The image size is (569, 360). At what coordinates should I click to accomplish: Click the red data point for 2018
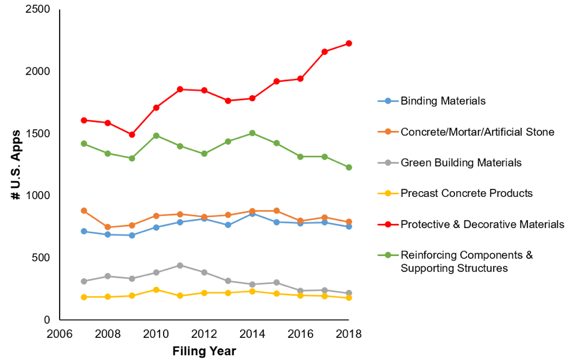coord(349,43)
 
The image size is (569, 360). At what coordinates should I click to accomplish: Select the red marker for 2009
coord(132,134)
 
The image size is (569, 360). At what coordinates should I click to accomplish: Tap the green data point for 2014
coord(252,133)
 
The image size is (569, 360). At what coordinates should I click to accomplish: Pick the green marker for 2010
coord(156,136)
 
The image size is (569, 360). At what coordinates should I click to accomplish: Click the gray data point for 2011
coord(180,265)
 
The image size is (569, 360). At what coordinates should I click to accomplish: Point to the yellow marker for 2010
coord(156,290)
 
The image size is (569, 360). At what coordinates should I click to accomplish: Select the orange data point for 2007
coord(84,210)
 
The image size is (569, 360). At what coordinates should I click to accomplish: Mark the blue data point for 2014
coord(252,214)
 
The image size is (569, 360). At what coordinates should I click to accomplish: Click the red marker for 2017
coord(325,51)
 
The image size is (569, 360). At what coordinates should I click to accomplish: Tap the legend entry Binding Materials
coord(443,101)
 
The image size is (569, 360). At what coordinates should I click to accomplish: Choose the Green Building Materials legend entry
coord(460,162)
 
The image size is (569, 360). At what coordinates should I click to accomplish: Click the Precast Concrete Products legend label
coord(466,193)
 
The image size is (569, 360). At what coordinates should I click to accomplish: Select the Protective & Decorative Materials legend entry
coord(482,224)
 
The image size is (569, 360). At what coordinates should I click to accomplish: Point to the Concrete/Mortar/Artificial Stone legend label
coord(477,131)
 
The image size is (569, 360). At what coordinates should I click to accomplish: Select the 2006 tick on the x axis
coord(60,334)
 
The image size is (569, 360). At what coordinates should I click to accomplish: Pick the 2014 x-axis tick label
coord(252,334)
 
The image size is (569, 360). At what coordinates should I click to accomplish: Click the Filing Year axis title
coord(204,351)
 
